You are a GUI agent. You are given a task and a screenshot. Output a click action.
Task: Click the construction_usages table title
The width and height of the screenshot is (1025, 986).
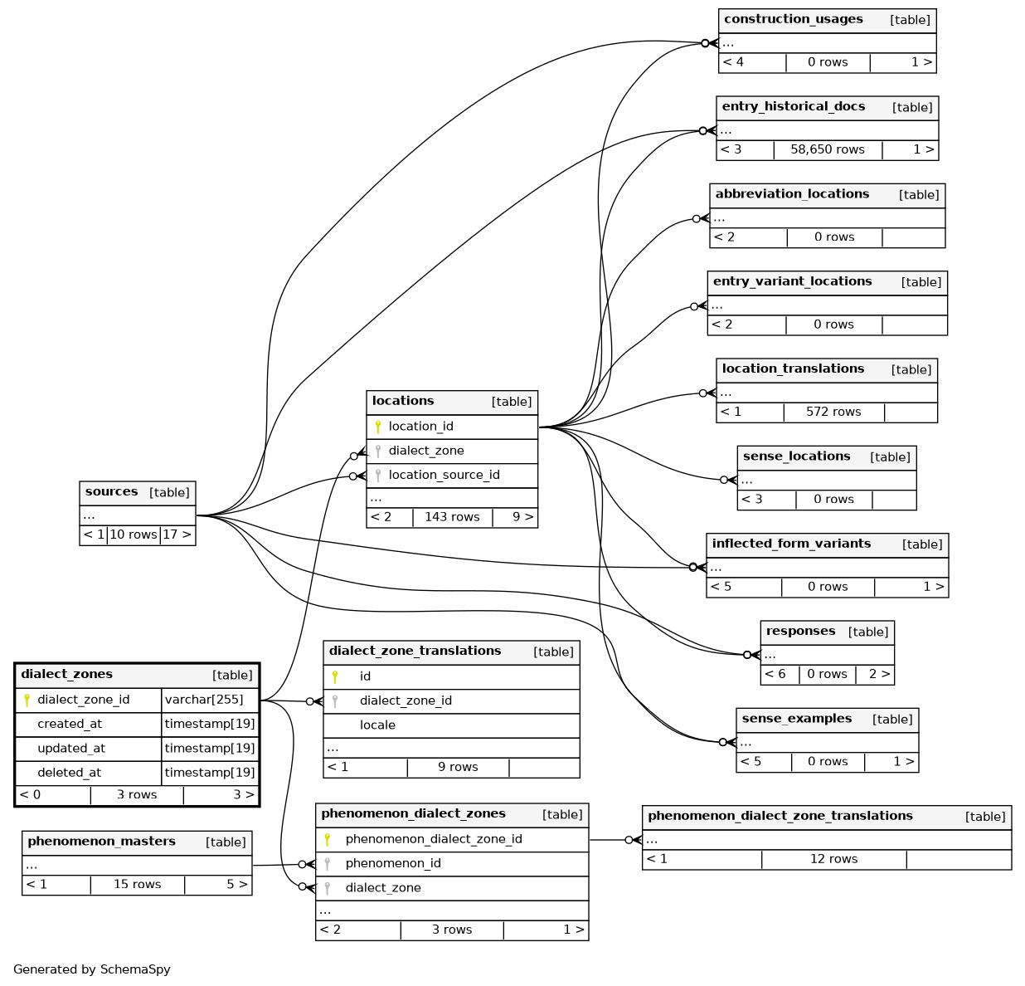point(793,20)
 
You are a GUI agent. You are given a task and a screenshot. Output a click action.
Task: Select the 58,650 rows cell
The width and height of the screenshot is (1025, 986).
point(827,150)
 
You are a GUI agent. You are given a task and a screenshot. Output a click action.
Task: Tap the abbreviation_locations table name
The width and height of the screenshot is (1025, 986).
point(792,194)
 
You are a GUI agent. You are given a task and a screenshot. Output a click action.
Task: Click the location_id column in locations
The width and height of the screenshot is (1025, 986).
point(420,427)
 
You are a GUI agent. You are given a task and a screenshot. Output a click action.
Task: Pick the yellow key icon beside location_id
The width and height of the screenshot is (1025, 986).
point(378,427)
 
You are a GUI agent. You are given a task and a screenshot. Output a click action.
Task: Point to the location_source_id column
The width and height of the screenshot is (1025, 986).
point(444,475)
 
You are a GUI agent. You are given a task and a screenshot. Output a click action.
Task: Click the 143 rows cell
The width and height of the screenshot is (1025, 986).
point(452,517)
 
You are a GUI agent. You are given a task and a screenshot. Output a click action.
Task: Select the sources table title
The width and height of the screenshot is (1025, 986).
point(111,492)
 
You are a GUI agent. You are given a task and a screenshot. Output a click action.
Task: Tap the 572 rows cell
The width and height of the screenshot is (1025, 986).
point(833,412)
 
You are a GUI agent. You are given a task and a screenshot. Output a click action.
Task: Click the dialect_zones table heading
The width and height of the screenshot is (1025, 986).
point(66,675)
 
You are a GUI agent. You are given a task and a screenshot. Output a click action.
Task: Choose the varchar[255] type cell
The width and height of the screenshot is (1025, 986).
point(204,700)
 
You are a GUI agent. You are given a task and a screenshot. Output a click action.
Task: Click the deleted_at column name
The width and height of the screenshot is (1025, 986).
point(69,773)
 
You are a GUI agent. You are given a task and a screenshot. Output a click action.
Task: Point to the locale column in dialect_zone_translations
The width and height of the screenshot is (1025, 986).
point(377,725)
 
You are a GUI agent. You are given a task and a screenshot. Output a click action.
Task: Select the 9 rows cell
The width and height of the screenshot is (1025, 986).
point(458,768)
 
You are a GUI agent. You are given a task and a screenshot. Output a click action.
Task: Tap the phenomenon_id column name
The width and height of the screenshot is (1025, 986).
point(392,864)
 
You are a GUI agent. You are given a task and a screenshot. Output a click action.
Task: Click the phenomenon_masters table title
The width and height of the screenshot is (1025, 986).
point(101,842)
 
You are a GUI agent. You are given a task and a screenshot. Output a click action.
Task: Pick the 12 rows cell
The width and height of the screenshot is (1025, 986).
point(833,860)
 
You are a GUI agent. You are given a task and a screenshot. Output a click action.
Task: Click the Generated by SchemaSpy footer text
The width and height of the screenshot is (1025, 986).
point(92,969)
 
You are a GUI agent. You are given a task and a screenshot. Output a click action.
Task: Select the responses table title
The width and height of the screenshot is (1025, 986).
point(800,632)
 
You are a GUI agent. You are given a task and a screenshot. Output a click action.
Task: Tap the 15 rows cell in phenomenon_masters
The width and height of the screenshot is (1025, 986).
point(137,885)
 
